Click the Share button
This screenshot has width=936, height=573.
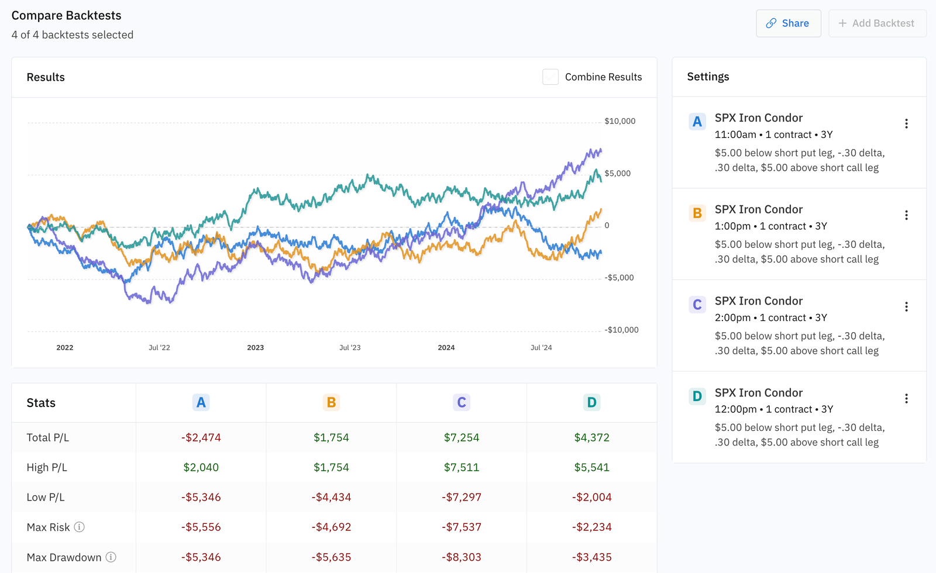pos(788,23)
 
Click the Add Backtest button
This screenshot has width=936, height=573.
pos(876,23)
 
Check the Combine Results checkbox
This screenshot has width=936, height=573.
pos(550,77)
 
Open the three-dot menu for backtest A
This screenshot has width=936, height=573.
pos(906,123)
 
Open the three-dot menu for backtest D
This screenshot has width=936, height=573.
pos(906,398)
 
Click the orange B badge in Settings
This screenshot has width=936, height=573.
pos(697,213)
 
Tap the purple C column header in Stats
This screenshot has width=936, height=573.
pos(462,402)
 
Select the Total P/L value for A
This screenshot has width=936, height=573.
pos(201,437)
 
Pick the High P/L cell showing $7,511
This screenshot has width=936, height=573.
pos(462,467)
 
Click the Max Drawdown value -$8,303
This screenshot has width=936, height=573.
pos(462,557)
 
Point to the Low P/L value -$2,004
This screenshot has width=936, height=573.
pos(591,498)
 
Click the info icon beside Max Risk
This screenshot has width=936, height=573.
pos(80,527)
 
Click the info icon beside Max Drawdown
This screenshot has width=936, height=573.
pos(111,557)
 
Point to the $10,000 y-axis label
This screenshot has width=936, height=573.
pos(620,121)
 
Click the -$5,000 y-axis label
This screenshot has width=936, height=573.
pos(619,278)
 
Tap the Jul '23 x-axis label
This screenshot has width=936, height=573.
pos(350,347)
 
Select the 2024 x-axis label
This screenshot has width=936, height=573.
pos(446,347)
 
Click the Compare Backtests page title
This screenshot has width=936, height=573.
pos(66,16)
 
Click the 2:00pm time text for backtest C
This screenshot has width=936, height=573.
pos(732,317)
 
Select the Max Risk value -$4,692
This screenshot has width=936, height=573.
pos(331,527)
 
